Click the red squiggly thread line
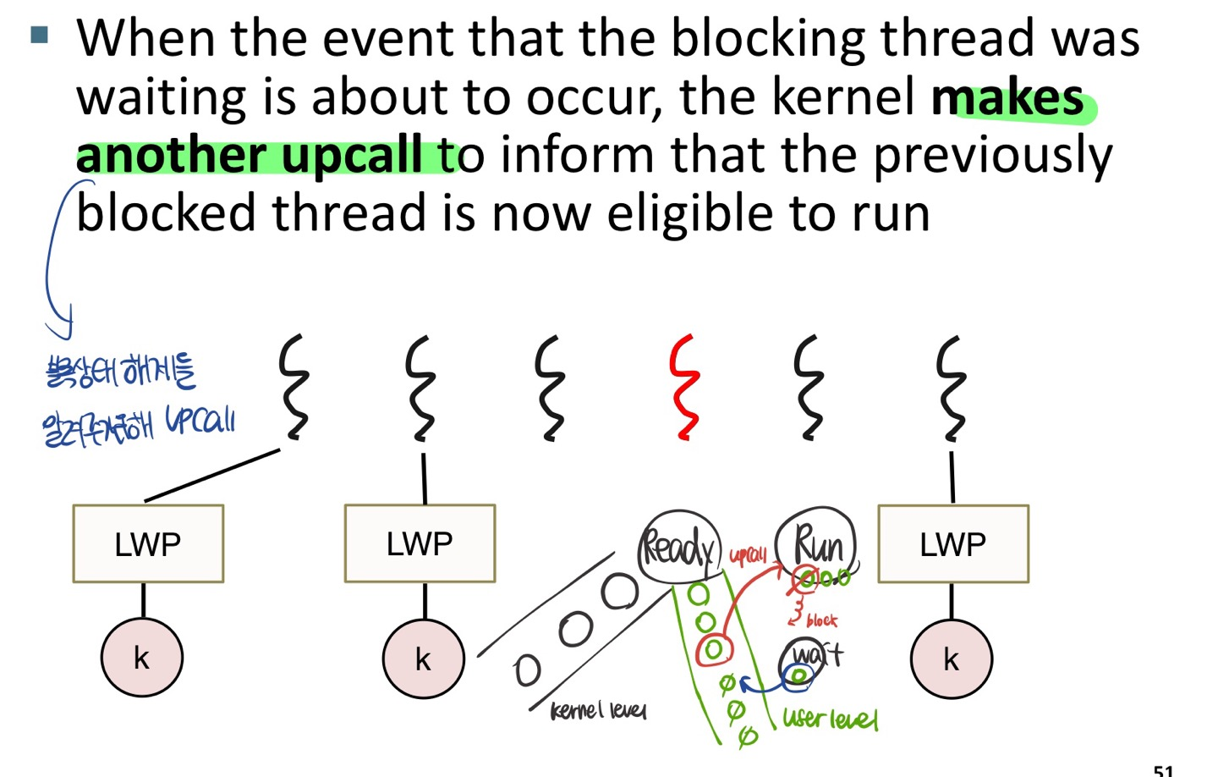(x=683, y=388)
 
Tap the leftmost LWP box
(x=148, y=543)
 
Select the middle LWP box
(x=420, y=543)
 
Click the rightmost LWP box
(x=953, y=543)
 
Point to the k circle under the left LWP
(x=141, y=658)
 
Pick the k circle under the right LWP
(x=951, y=659)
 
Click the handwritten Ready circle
(x=678, y=548)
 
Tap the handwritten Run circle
(x=817, y=544)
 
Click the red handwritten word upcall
(x=748, y=555)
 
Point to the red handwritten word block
(x=821, y=620)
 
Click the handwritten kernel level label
(x=598, y=710)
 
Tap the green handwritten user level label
(x=830, y=719)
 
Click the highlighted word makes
(x=1007, y=98)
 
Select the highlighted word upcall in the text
(x=351, y=156)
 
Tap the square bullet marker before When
(x=39, y=35)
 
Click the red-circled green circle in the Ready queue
(x=713, y=649)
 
